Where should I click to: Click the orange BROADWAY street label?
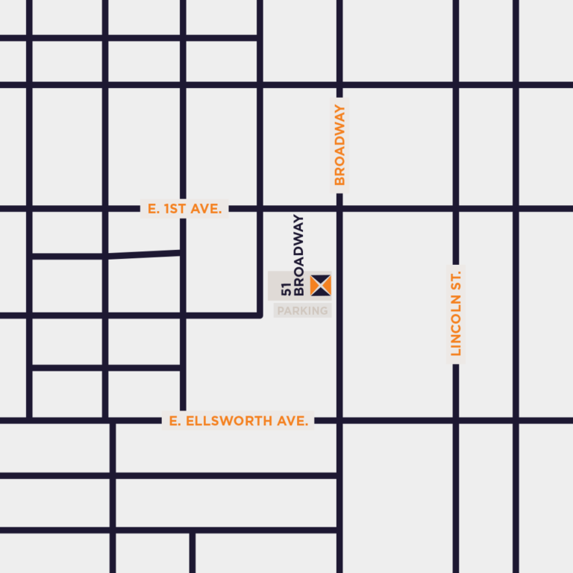pos(339,145)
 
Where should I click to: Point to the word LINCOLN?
pos(457,328)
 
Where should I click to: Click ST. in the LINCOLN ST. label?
pos(457,281)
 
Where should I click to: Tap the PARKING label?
pos(302,310)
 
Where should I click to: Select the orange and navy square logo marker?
pos(320,284)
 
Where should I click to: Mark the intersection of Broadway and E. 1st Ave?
pos(339,209)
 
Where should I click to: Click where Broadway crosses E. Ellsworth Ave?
pos(339,422)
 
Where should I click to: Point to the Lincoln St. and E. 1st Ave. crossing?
pos(456,209)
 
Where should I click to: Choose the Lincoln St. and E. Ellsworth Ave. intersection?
pos(456,422)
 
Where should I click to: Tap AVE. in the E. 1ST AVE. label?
pos(207,209)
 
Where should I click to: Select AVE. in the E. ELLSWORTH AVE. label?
pos(292,422)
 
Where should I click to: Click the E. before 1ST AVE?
pos(154,209)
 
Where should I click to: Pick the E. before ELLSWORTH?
pos(175,422)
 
